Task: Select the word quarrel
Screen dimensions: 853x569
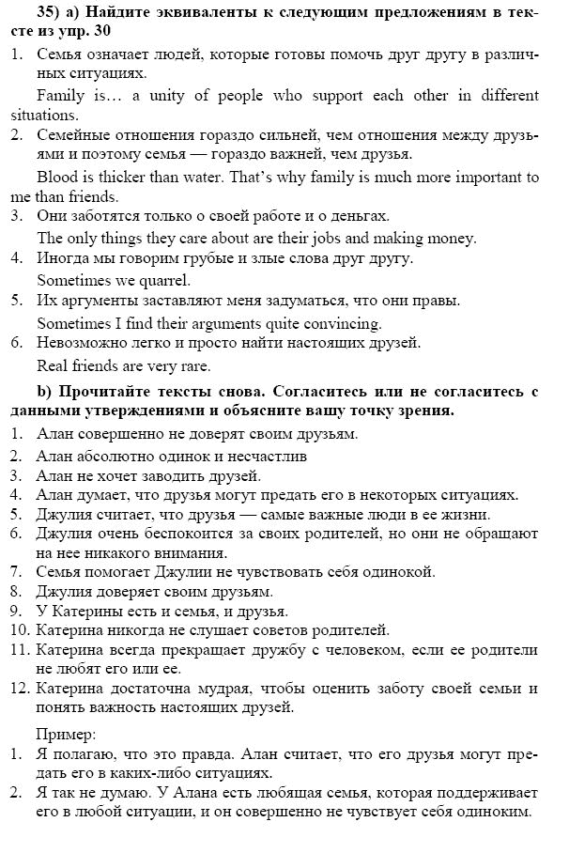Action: click(x=168, y=280)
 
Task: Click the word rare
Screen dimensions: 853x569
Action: click(x=193, y=366)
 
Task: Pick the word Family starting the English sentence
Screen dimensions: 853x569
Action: click(x=58, y=96)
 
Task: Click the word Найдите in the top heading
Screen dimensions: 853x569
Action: click(x=128, y=14)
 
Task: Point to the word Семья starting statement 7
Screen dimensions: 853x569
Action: click(x=59, y=571)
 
